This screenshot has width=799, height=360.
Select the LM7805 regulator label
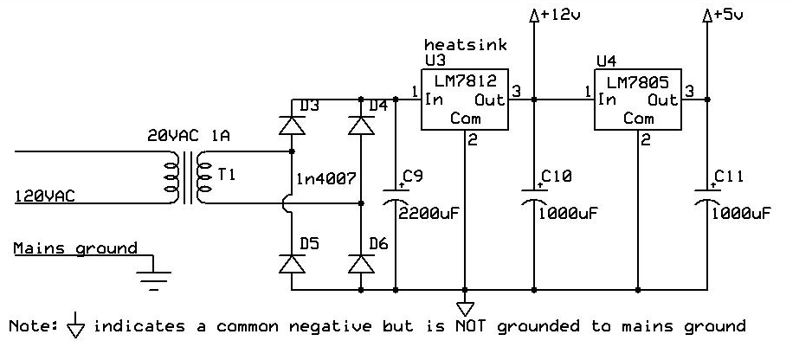point(641,82)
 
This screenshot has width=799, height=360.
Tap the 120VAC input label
point(45,197)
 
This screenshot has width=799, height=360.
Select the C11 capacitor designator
point(731,178)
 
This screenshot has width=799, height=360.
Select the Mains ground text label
point(76,248)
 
